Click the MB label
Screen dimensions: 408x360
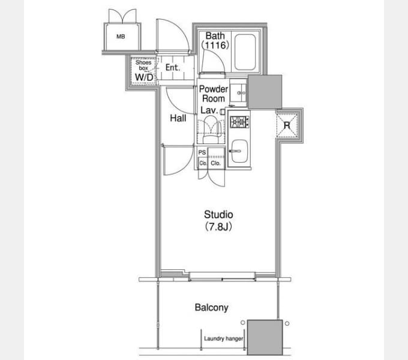pyautogui.click(x=121, y=37)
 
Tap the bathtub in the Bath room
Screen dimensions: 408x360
pyautogui.click(x=245, y=52)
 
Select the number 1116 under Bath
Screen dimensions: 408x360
pyautogui.click(x=215, y=45)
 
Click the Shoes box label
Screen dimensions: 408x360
pyautogui.click(x=143, y=65)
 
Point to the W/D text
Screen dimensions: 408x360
pyautogui.click(x=144, y=77)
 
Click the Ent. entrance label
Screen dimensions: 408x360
pyautogui.click(x=173, y=68)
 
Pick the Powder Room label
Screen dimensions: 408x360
pyautogui.click(x=214, y=94)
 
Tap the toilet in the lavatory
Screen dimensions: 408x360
pyautogui.click(x=211, y=130)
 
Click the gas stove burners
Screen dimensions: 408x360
pyautogui.click(x=239, y=122)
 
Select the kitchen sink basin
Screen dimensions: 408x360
pyautogui.click(x=239, y=151)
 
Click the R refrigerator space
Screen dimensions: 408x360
pyautogui.click(x=287, y=125)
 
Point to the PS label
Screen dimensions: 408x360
pyautogui.click(x=202, y=152)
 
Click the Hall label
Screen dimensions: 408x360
pyautogui.click(x=178, y=118)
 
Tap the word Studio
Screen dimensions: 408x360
pyautogui.click(x=218, y=215)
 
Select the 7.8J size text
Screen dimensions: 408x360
pyautogui.click(x=218, y=227)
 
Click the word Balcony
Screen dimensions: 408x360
pyautogui.click(x=212, y=307)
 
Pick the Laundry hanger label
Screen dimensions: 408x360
pyautogui.click(x=224, y=338)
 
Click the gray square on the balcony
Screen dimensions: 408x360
pyautogui.click(x=265, y=337)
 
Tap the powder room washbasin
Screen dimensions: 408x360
pyautogui.click(x=238, y=92)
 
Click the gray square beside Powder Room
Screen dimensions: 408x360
pyautogui.click(x=265, y=92)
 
